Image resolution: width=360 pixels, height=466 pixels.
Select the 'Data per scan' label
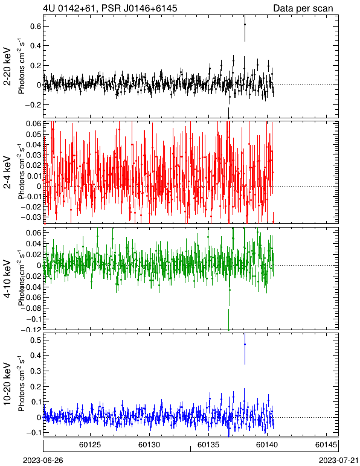[x=303, y=8]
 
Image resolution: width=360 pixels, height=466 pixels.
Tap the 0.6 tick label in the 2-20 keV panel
[x=35, y=26]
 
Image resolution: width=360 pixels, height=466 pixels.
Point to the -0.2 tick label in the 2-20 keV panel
[x=33, y=104]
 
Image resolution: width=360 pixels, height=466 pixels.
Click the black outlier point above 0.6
[x=245, y=24]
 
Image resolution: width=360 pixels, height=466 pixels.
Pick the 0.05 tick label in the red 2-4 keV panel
[x=34, y=135]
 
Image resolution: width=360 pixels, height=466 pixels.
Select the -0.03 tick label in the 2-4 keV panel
[x=32, y=217]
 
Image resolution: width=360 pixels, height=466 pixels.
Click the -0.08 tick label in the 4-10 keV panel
[x=32, y=308]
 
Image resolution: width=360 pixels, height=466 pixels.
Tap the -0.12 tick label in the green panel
[x=32, y=330]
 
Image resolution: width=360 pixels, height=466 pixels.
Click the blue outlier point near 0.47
[x=245, y=344]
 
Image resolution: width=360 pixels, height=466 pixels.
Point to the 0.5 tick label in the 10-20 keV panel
[x=35, y=340]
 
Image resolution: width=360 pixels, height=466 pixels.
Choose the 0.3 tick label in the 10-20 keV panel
[x=35, y=371]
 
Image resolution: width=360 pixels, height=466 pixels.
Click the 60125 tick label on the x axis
[x=90, y=445]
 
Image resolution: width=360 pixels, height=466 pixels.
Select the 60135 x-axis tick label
[x=208, y=445]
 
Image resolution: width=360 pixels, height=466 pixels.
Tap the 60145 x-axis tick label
[x=326, y=445]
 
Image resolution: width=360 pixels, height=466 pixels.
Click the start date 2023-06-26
[x=43, y=461]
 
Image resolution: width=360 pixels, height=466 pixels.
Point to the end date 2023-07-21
[x=339, y=461]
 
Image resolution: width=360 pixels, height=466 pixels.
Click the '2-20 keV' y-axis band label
[x=7, y=66]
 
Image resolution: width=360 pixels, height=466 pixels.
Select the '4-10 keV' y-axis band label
[x=7, y=279]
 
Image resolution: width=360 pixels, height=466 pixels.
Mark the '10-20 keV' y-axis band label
[x=7, y=384]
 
